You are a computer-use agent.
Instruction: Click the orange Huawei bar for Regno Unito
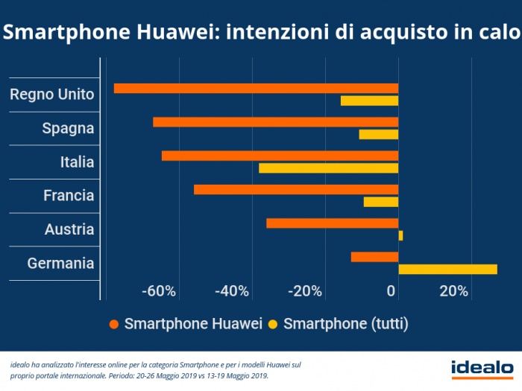coord(256,88)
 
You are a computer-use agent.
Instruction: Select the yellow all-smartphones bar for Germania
coord(447,269)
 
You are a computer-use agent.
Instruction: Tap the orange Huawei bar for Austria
coord(332,223)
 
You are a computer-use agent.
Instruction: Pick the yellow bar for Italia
coord(328,168)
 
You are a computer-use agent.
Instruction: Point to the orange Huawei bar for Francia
coord(296,189)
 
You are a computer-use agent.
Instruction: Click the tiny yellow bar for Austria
coord(400,235)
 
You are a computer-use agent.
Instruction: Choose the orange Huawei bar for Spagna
coord(275,122)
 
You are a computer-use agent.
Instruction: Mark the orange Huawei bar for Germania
coord(374,257)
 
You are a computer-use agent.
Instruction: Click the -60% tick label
coord(158,290)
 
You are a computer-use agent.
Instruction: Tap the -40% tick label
coord(231,290)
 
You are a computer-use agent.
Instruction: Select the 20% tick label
coord(454,290)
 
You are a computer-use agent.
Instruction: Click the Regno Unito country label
coord(52,95)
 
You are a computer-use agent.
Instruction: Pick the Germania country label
coord(60,264)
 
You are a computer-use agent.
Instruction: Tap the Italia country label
coord(77,162)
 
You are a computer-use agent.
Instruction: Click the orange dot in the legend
coord(113,324)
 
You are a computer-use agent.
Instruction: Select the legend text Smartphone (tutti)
coord(346,324)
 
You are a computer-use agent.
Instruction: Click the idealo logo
coord(482,367)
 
